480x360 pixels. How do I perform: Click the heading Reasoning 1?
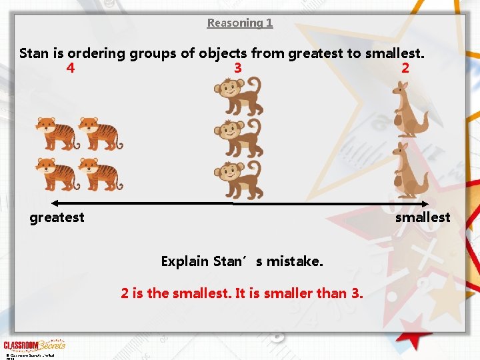tap(240, 23)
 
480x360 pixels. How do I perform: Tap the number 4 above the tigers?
tap(71, 68)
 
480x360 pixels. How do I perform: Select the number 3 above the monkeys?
tap(238, 68)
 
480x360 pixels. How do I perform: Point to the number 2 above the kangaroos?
tap(405, 68)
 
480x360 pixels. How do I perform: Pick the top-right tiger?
tap(100, 133)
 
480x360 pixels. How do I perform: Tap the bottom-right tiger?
tap(100, 174)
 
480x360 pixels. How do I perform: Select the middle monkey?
tap(238, 138)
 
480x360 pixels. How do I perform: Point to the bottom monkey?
tap(238, 179)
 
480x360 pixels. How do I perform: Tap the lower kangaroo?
tap(408, 170)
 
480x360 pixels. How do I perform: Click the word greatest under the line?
tap(57, 217)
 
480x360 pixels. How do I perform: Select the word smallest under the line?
tap(423, 217)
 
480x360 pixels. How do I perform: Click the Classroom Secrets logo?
tap(35, 345)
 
